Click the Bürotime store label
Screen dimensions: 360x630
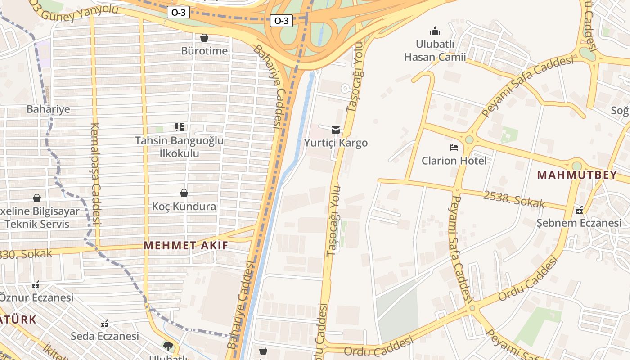(x=204, y=51)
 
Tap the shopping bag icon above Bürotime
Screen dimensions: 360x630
(x=204, y=38)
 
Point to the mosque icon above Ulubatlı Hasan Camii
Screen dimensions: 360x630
(x=435, y=31)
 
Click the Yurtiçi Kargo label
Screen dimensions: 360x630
(x=336, y=143)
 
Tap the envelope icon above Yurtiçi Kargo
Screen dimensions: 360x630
(x=336, y=130)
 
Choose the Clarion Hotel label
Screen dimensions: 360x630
(x=454, y=161)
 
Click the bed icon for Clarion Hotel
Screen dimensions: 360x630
(x=454, y=148)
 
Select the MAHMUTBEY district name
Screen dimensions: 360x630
(x=577, y=175)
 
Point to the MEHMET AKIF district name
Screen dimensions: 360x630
(x=186, y=245)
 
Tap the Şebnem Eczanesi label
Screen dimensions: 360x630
(x=579, y=223)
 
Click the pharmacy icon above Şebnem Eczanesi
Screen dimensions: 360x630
(x=579, y=210)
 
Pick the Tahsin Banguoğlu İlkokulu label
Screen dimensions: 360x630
(x=180, y=147)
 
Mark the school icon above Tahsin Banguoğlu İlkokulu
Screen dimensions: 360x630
(x=180, y=127)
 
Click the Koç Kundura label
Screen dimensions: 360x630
(x=184, y=207)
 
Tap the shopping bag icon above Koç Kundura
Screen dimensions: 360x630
(x=184, y=193)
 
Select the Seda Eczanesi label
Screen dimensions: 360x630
(x=105, y=336)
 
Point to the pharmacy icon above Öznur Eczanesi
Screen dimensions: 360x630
(x=36, y=285)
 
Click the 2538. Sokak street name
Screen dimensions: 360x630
(x=514, y=200)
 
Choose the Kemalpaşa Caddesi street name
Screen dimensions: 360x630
(x=96, y=173)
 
